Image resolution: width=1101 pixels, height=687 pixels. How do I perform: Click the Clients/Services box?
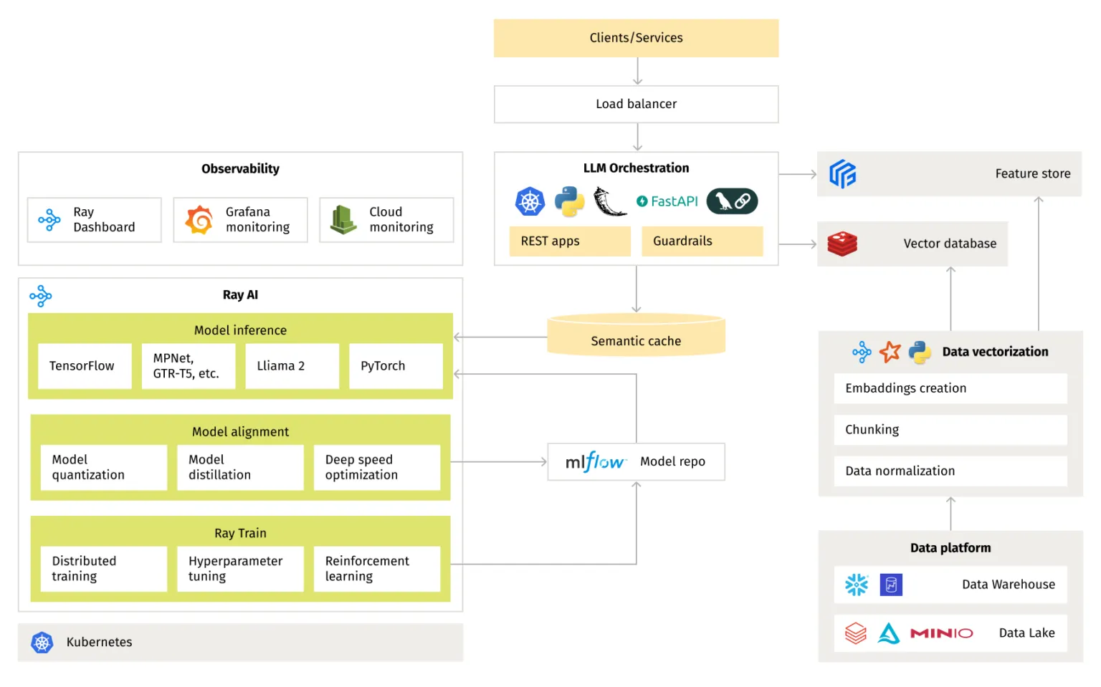(x=636, y=38)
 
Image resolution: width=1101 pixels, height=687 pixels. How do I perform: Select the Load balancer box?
(x=636, y=104)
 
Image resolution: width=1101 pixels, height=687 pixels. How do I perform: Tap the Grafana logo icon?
(x=199, y=220)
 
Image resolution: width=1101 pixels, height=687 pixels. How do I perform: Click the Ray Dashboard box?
(x=95, y=220)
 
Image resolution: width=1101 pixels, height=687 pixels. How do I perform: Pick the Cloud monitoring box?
(x=386, y=220)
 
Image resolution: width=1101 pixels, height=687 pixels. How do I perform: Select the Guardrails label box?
(x=702, y=241)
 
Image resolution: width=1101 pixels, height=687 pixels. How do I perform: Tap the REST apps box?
(x=570, y=241)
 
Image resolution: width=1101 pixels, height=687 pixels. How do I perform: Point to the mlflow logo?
(x=595, y=462)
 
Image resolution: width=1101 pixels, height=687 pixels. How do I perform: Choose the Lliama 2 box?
(x=292, y=366)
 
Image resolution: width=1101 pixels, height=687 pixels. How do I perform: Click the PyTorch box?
(x=396, y=366)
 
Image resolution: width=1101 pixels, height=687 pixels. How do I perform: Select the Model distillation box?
(x=240, y=468)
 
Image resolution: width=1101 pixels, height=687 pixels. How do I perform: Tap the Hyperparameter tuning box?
(x=240, y=569)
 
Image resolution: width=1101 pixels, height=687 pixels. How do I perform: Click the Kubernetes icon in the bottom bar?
(x=42, y=643)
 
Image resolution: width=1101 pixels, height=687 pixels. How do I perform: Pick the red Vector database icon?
(x=842, y=244)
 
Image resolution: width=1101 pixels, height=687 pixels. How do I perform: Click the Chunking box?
(x=950, y=430)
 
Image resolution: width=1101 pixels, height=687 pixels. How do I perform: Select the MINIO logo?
(x=941, y=633)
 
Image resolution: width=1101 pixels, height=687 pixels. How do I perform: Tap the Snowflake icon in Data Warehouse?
(x=856, y=585)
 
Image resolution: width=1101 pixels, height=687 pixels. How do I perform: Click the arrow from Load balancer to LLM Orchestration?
(x=637, y=137)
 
